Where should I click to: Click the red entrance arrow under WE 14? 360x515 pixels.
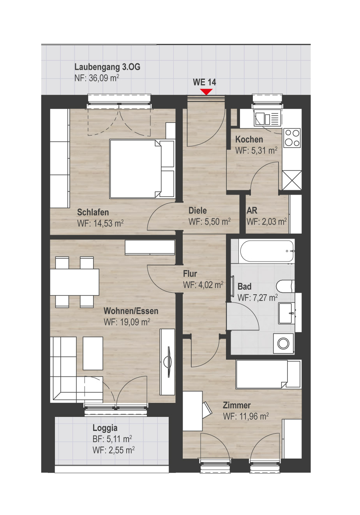tap(206, 92)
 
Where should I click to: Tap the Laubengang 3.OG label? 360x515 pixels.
tap(107, 67)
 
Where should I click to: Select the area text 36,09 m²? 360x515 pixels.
tap(104, 78)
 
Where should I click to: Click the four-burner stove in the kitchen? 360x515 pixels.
tap(292, 138)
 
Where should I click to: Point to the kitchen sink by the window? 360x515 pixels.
tap(268, 118)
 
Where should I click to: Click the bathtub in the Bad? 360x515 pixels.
tap(267, 251)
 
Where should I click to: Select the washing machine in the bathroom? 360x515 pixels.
tap(283, 344)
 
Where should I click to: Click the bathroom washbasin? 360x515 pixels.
tap(287, 313)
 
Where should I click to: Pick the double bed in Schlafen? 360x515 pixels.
tap(142, 169)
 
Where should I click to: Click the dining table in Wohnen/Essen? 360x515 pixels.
tap(74, 282)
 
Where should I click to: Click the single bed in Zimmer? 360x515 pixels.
tap(268, 374)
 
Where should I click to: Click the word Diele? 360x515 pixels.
tap(198, 211)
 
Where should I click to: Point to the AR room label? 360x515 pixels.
tap(252, 211)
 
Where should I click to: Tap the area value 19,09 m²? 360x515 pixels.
tap(135, 322)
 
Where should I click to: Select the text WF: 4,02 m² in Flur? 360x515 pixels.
tap(203, 285)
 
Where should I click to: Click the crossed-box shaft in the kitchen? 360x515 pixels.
tap(292, 180)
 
